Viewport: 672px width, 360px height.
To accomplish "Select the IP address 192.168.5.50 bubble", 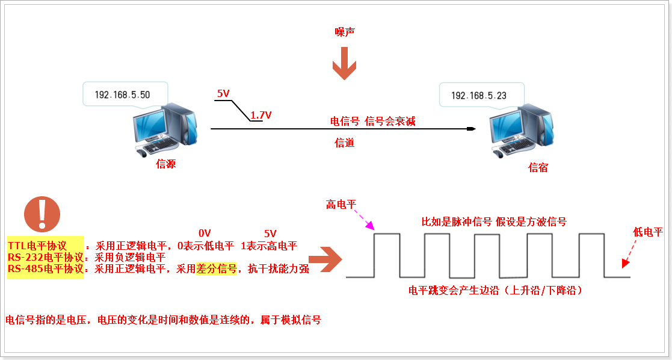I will point(123,95).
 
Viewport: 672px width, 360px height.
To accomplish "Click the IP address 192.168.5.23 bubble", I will point(478,95).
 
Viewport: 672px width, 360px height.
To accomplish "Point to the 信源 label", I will point(165,164).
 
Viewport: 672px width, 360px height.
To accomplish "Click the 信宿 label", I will point(538,168).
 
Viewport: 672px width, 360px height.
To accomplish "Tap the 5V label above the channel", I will point(223,93).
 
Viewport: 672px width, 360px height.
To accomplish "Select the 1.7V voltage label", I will point(260,114).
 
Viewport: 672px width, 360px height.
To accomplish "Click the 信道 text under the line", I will point(344,143).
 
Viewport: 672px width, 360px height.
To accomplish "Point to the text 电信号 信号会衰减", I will point(373,122).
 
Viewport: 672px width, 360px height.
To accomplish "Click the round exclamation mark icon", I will point(42,214).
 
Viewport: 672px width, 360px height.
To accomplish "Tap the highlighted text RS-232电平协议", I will point(46,257).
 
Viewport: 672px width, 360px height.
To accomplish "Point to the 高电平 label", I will point(341,204).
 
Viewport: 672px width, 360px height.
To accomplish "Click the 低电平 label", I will point(647,232).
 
